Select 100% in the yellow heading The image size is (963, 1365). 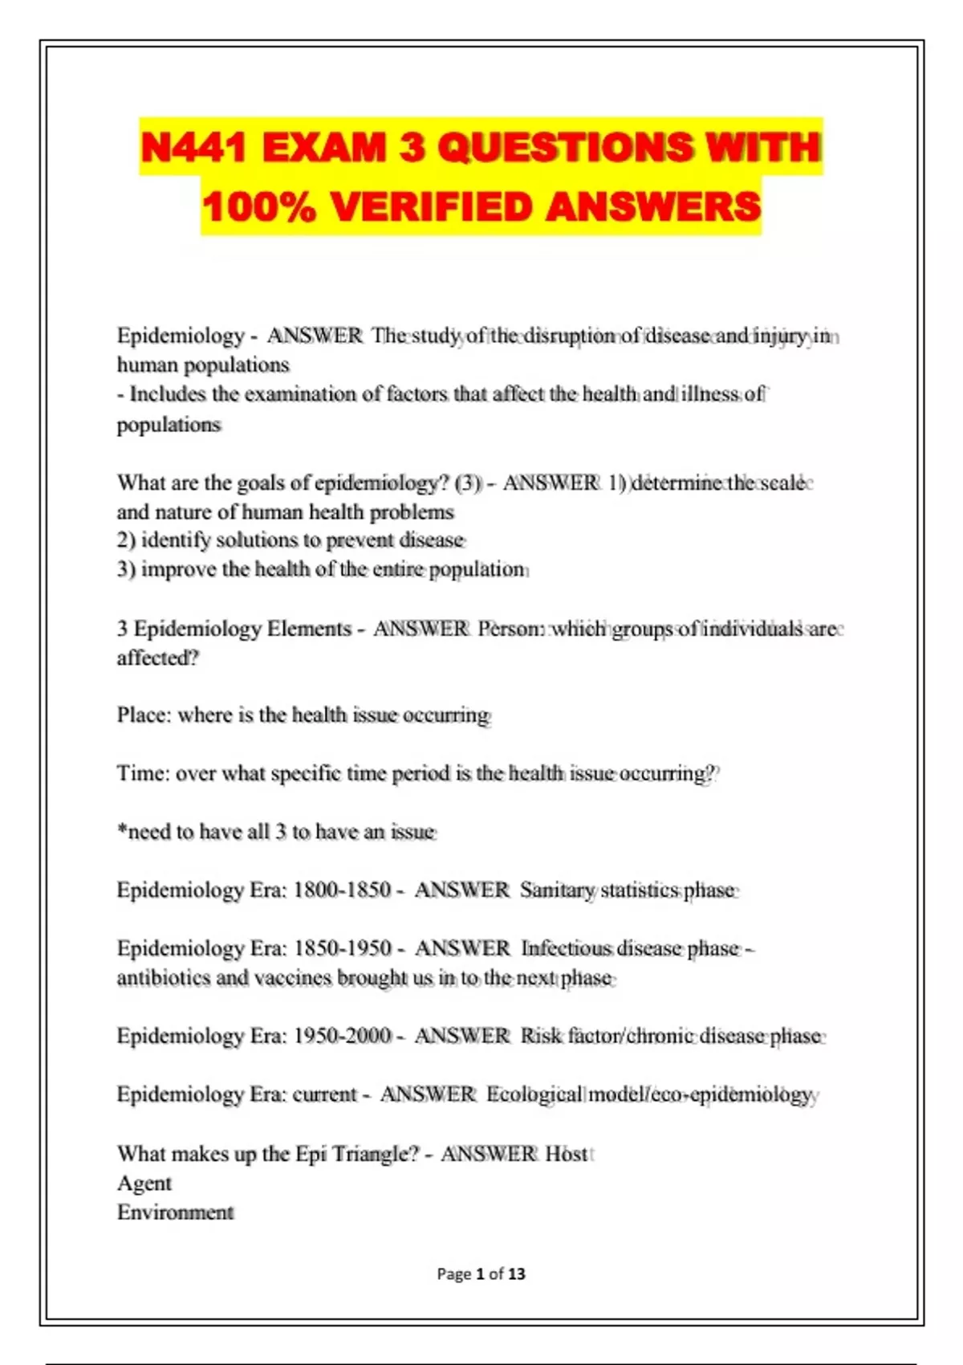click(258, 207)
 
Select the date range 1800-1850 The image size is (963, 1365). click(342, 890)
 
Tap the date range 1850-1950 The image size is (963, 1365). click(343, 948)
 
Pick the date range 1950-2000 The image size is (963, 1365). click(343, 1036)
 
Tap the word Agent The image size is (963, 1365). click(144, 1184)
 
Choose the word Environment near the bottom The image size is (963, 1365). click(175, 1212)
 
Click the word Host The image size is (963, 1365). click(567, 1154)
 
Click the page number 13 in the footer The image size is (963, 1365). click(517, 1273)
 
